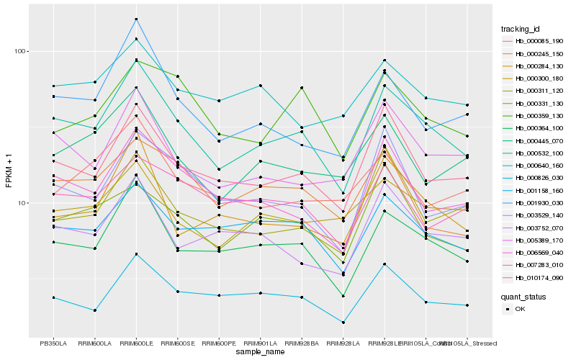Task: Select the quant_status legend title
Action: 523,296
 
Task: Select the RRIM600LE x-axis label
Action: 136,343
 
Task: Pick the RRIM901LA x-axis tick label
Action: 260,343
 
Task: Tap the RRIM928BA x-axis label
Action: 302,343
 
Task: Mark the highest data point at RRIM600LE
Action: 136,19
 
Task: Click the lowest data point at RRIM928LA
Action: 343,323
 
